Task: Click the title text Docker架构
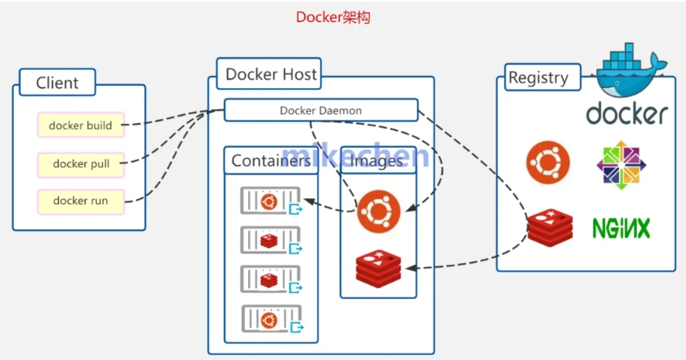click(x=333, y=17)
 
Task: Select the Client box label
click(x=57, y=82)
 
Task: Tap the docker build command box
click(x=80, y=126)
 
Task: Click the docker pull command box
click(x=81, y=164)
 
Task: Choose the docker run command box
click(x=81, y=201)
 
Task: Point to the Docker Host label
click(x=271, y=74)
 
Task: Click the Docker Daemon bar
click(x=320, y=110)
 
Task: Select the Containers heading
click(x=270, y=161)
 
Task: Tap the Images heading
click(x=377, y=161)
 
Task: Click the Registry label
click(x=537, y=78)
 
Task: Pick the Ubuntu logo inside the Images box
click(x=378, y=211)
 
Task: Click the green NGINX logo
click(x=621, y=228)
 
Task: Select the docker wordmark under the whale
click(x=626, y=113)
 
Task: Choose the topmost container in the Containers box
click(x=269, y=201)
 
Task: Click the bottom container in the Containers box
click(x=269, y=319)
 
